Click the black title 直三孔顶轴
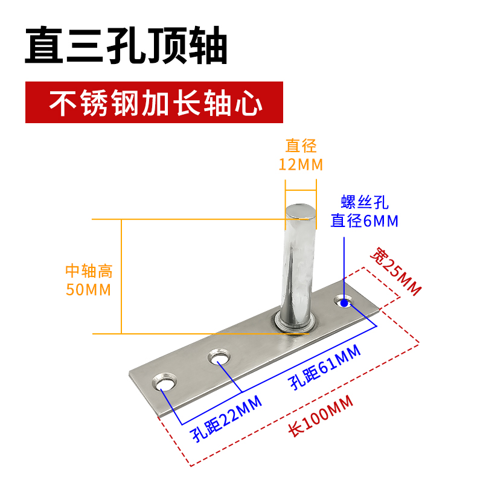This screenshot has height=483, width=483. (126, 45)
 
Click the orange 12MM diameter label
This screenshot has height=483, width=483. (301, 164)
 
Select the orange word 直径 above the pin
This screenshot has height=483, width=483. (301, 146)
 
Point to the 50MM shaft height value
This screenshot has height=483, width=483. (88, 289)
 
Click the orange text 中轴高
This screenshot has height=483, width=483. (89, 272)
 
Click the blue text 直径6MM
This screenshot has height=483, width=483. (365, 222)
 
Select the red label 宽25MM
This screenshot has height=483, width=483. (395, 271)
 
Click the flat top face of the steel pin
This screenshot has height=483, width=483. (300, 210)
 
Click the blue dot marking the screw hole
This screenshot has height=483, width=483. (344, 301)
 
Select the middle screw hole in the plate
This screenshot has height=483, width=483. (220, 359)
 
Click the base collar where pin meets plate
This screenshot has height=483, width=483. (296, 323)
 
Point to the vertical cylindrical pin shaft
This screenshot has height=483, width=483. (298, 266)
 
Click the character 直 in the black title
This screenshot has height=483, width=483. (44, 45)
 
